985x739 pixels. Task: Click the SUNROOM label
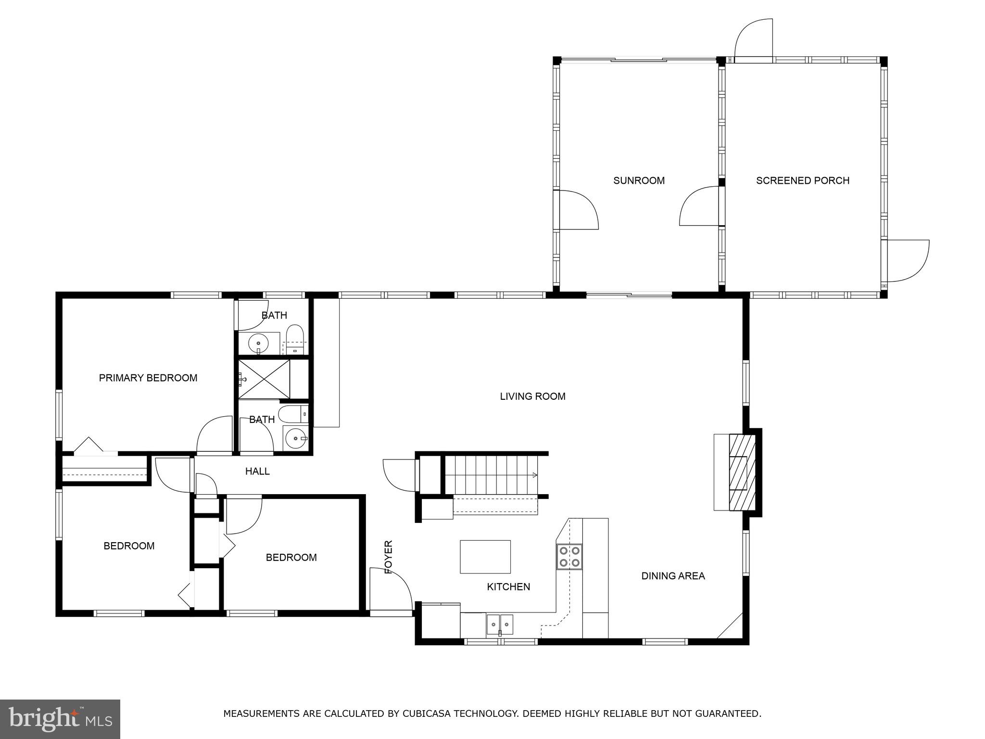tap(639, 180)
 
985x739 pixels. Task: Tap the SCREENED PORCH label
tap(802, 180)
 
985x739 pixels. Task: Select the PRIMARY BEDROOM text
tap(148, 378)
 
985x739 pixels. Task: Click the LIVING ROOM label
tap(532, 396)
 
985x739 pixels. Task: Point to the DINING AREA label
tap(673, 576)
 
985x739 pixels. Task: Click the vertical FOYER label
tap(389, 557)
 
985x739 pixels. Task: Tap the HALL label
tap(257, 471)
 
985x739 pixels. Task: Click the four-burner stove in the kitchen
tap(569, 557)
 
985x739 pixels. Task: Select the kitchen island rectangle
tap(485, 557)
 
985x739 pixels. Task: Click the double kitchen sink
tap(500, 624)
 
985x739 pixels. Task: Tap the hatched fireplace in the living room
tap(741, 472)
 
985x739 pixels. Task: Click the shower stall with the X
tap(264, 379)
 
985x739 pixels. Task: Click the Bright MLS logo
tap(60, 719)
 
